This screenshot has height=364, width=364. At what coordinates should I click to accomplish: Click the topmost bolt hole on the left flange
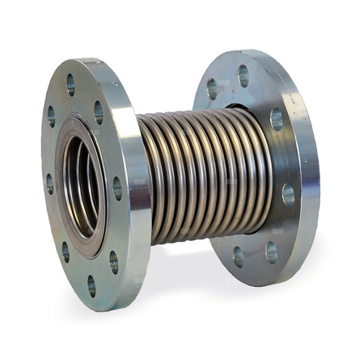tap(70, 80)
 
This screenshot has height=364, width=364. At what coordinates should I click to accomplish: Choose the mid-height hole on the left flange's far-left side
tap(49, 182)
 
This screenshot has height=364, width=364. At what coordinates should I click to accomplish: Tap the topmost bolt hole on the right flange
tap(243, 75)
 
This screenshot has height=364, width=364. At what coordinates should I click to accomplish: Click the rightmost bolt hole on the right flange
tap(289, 194)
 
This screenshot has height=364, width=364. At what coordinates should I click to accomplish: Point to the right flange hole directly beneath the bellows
tap(239, 256)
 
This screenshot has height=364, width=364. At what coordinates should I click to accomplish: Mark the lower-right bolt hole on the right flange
tap(272, 252)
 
